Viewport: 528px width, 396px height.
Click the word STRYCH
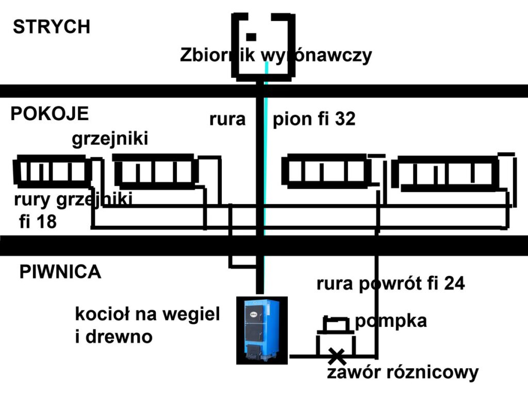[x=52, y=27]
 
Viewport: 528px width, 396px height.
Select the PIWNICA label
[x=60, y=272]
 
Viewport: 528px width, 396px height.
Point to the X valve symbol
[x=337, y=356]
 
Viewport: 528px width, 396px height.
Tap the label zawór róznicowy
[x=403, y=372]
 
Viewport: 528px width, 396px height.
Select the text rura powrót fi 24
[x=391, y=284]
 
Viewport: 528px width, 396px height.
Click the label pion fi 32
[x=313, y=120]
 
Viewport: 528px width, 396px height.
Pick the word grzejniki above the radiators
[x=110, y=139]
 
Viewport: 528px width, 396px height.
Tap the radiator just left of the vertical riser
[x=155, y=171]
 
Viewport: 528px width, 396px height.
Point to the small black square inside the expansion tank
[x=251, y=37]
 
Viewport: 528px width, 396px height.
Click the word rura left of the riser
[x=227, y=120]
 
